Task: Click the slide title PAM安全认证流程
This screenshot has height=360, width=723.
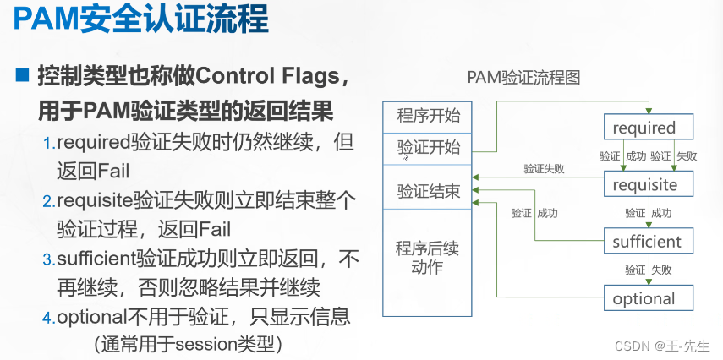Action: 140,20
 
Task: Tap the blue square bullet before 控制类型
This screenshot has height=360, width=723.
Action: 22,74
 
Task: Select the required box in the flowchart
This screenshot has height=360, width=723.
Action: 649,127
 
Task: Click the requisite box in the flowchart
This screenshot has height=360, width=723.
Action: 649,184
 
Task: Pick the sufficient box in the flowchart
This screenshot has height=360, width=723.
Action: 649,241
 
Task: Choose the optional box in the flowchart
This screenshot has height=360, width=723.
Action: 649,297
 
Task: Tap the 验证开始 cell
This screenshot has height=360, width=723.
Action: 427,149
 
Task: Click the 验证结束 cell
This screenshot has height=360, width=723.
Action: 427,186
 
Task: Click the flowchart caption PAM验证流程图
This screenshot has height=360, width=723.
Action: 523,78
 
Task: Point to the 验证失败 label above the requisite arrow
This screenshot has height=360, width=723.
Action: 544,169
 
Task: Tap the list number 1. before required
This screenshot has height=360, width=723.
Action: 49,144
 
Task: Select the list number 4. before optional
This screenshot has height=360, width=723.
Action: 49,318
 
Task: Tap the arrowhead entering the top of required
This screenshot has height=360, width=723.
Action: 649,111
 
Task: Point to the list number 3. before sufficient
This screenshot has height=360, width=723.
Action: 49,259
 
